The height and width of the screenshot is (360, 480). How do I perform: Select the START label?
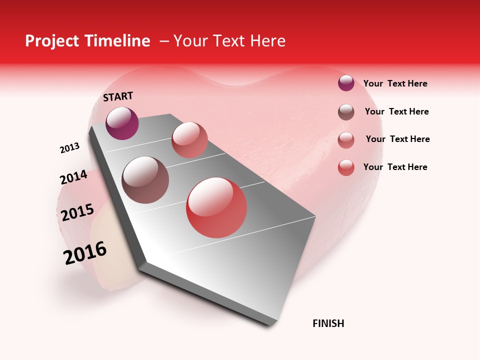118,96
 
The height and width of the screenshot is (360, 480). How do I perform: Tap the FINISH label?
328,323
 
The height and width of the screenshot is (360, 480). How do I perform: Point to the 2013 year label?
69,148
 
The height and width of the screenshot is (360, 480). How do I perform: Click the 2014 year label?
73,177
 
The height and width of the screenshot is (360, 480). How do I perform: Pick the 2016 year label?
85,252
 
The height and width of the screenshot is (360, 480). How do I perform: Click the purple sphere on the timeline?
122,123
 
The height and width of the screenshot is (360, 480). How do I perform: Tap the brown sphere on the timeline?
145,180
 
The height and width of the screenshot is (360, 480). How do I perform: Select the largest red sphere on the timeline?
216,207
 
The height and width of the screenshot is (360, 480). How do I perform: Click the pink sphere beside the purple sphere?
189,140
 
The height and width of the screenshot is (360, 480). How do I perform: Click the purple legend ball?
346,83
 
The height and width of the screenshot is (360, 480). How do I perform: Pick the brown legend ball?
346,112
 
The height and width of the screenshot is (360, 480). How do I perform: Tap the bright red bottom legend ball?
346,167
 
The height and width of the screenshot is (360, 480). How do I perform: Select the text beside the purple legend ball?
395,83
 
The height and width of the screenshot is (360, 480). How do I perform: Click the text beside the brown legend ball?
397,111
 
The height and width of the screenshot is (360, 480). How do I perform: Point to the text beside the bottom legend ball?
395,167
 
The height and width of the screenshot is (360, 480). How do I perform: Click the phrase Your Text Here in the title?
229,41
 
